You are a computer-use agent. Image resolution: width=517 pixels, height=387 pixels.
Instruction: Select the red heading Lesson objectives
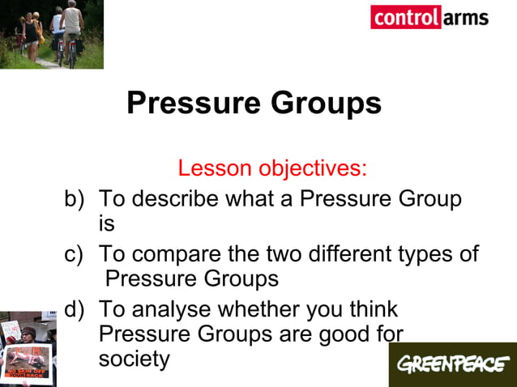pos(272,168)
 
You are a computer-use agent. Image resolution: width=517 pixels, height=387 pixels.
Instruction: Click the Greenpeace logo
pos(451,364)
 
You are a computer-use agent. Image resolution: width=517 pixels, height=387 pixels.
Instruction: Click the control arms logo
pos(429,17)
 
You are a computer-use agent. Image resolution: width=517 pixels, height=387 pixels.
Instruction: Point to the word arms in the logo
pos(465,17)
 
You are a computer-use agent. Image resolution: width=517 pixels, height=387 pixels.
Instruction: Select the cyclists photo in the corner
pos(51,34)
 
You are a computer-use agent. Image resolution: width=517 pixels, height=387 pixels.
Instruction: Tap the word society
pos(134,358)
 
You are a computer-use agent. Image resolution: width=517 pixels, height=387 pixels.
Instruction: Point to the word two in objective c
pos(273,254)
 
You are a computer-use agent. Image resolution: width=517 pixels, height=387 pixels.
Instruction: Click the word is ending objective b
pos(107,223)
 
